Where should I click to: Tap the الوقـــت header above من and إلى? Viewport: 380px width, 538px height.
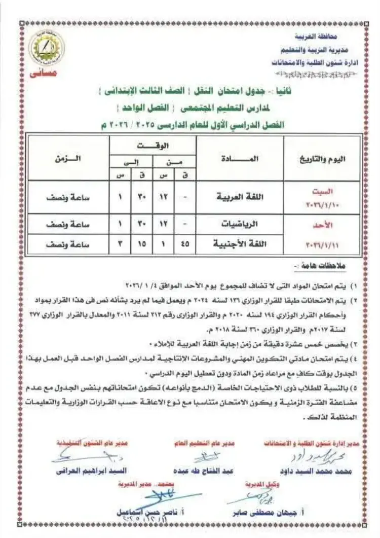(x=153, y=145)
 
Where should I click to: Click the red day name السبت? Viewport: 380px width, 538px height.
(x=324, y=191)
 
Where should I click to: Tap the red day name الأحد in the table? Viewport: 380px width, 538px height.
(x=324, y=224)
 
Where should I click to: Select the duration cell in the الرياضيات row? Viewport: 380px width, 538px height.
(x=67, y=224)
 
